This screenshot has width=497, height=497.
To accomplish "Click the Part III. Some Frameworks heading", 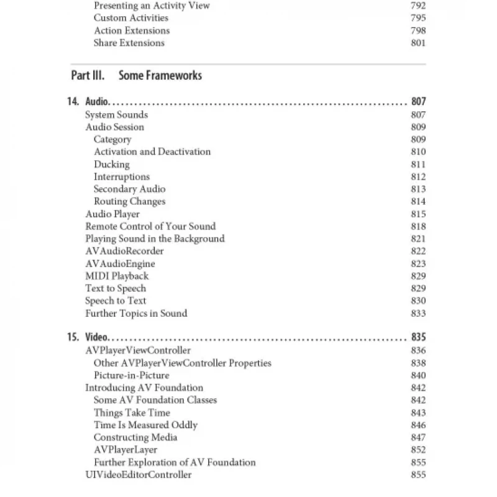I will click(x=137, y=76).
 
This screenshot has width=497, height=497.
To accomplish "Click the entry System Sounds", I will click(x=116, y=115).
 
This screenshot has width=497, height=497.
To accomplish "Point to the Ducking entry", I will click(x=112, y=165).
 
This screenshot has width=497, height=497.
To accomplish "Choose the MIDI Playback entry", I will click(x=117, y=276).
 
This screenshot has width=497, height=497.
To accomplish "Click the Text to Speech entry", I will click(x=116, y=288).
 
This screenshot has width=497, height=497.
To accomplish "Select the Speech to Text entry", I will click(x=116, y=301).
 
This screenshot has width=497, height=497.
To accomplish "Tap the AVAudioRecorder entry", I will click(x=124, y=251).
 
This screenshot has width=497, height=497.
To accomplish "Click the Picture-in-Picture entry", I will click(x=131, y=375).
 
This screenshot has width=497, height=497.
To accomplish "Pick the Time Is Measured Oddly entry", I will click(x=145, y=425).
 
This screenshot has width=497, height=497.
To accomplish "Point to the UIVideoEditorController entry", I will click(x=139, y=475).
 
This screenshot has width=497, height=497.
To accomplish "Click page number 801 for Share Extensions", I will click(x=418, y=43).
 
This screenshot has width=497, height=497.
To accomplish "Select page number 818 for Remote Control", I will click(x=418, y=226).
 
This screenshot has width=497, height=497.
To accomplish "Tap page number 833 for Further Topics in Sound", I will click(x=418, y=313).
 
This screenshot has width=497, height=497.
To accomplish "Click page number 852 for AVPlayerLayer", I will click(x=418, y=450).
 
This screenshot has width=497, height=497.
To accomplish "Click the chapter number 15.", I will click(x=73, y=338).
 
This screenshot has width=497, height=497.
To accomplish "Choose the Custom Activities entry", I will click(x=130, y=18).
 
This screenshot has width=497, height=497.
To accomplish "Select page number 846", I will click(x=418, y=425).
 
